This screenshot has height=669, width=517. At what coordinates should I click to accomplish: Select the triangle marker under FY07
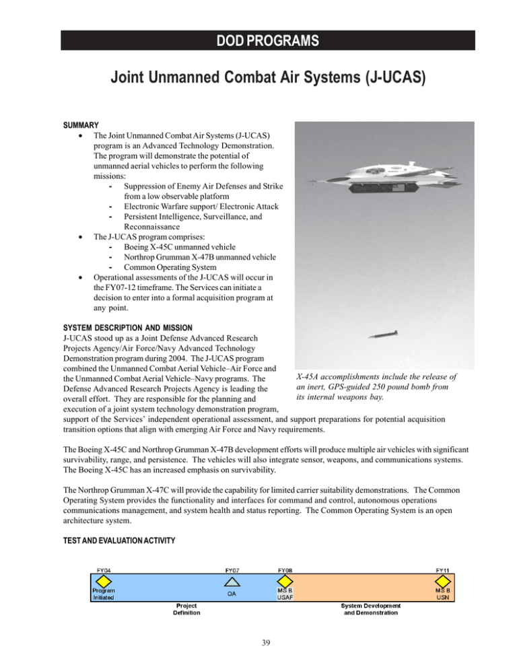231,581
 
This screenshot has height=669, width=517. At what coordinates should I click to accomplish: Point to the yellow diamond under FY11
442,581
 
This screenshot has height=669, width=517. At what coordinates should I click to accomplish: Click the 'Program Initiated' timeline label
103,595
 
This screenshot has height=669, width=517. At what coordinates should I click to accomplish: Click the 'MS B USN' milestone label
442,595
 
